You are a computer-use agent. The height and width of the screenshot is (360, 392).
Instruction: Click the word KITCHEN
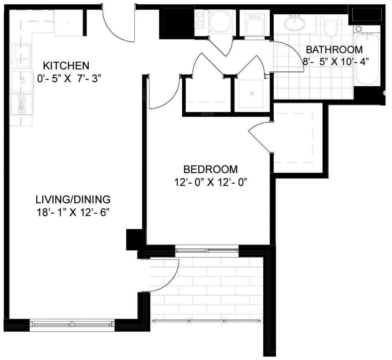(66, 66)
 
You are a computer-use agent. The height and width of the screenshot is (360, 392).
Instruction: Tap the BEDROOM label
(211, 169)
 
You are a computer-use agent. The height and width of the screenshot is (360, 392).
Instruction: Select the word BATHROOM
(334, 49)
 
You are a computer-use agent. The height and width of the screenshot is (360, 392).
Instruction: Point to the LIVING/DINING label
(73, 199)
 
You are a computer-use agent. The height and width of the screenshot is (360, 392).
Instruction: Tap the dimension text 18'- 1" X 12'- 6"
(73, 213)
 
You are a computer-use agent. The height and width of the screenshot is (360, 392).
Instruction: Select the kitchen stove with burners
(22, 104)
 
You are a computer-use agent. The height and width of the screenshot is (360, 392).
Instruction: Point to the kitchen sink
(22, 56)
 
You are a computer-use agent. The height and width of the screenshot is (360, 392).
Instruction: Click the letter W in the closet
(252, 94)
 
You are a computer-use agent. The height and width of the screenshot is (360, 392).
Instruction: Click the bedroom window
(207, 250)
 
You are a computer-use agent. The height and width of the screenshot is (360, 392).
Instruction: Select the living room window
(72, 324)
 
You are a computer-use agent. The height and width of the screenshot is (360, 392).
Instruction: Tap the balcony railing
(207, 321)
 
